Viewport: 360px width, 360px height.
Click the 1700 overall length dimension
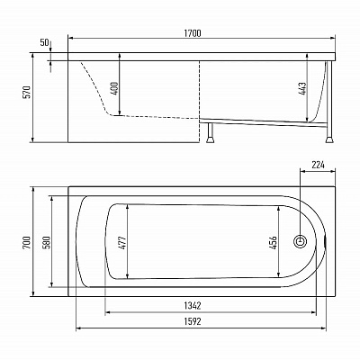[x=193, y=33]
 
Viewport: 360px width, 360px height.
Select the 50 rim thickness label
[x=44, y=42]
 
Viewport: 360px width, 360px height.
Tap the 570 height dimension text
[x=27, y=93]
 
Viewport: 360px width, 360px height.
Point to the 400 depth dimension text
[x=114, y=89]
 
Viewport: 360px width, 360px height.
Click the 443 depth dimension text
[x=302, y=89]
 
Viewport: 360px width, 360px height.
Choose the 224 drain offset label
[x=318, y=165]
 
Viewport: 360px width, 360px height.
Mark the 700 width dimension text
[x=27, y=242]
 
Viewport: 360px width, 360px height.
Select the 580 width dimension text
[x=47, y=242]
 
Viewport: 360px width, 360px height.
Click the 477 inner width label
[x=122, y=242]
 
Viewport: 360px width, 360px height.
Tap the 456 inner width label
[x=274, y=242]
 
